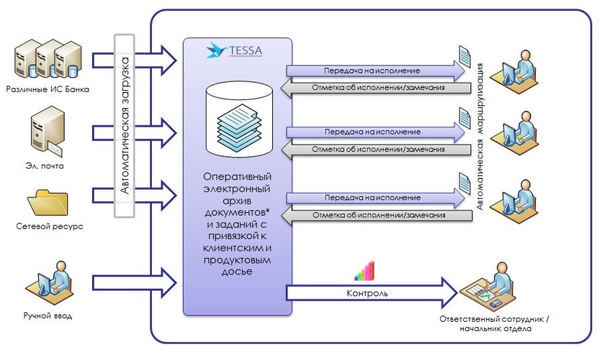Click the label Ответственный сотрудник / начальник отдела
click(498, 323)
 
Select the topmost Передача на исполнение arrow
click(375, 71)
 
